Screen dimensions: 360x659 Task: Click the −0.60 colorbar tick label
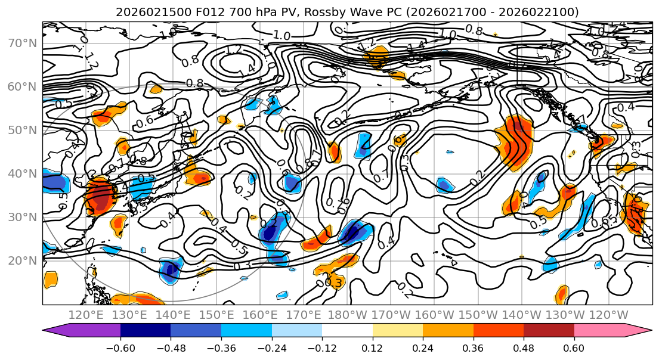120,347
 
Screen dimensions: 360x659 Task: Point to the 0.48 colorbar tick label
524,347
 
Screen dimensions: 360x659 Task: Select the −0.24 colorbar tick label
271,347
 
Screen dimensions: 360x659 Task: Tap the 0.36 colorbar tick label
473,347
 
